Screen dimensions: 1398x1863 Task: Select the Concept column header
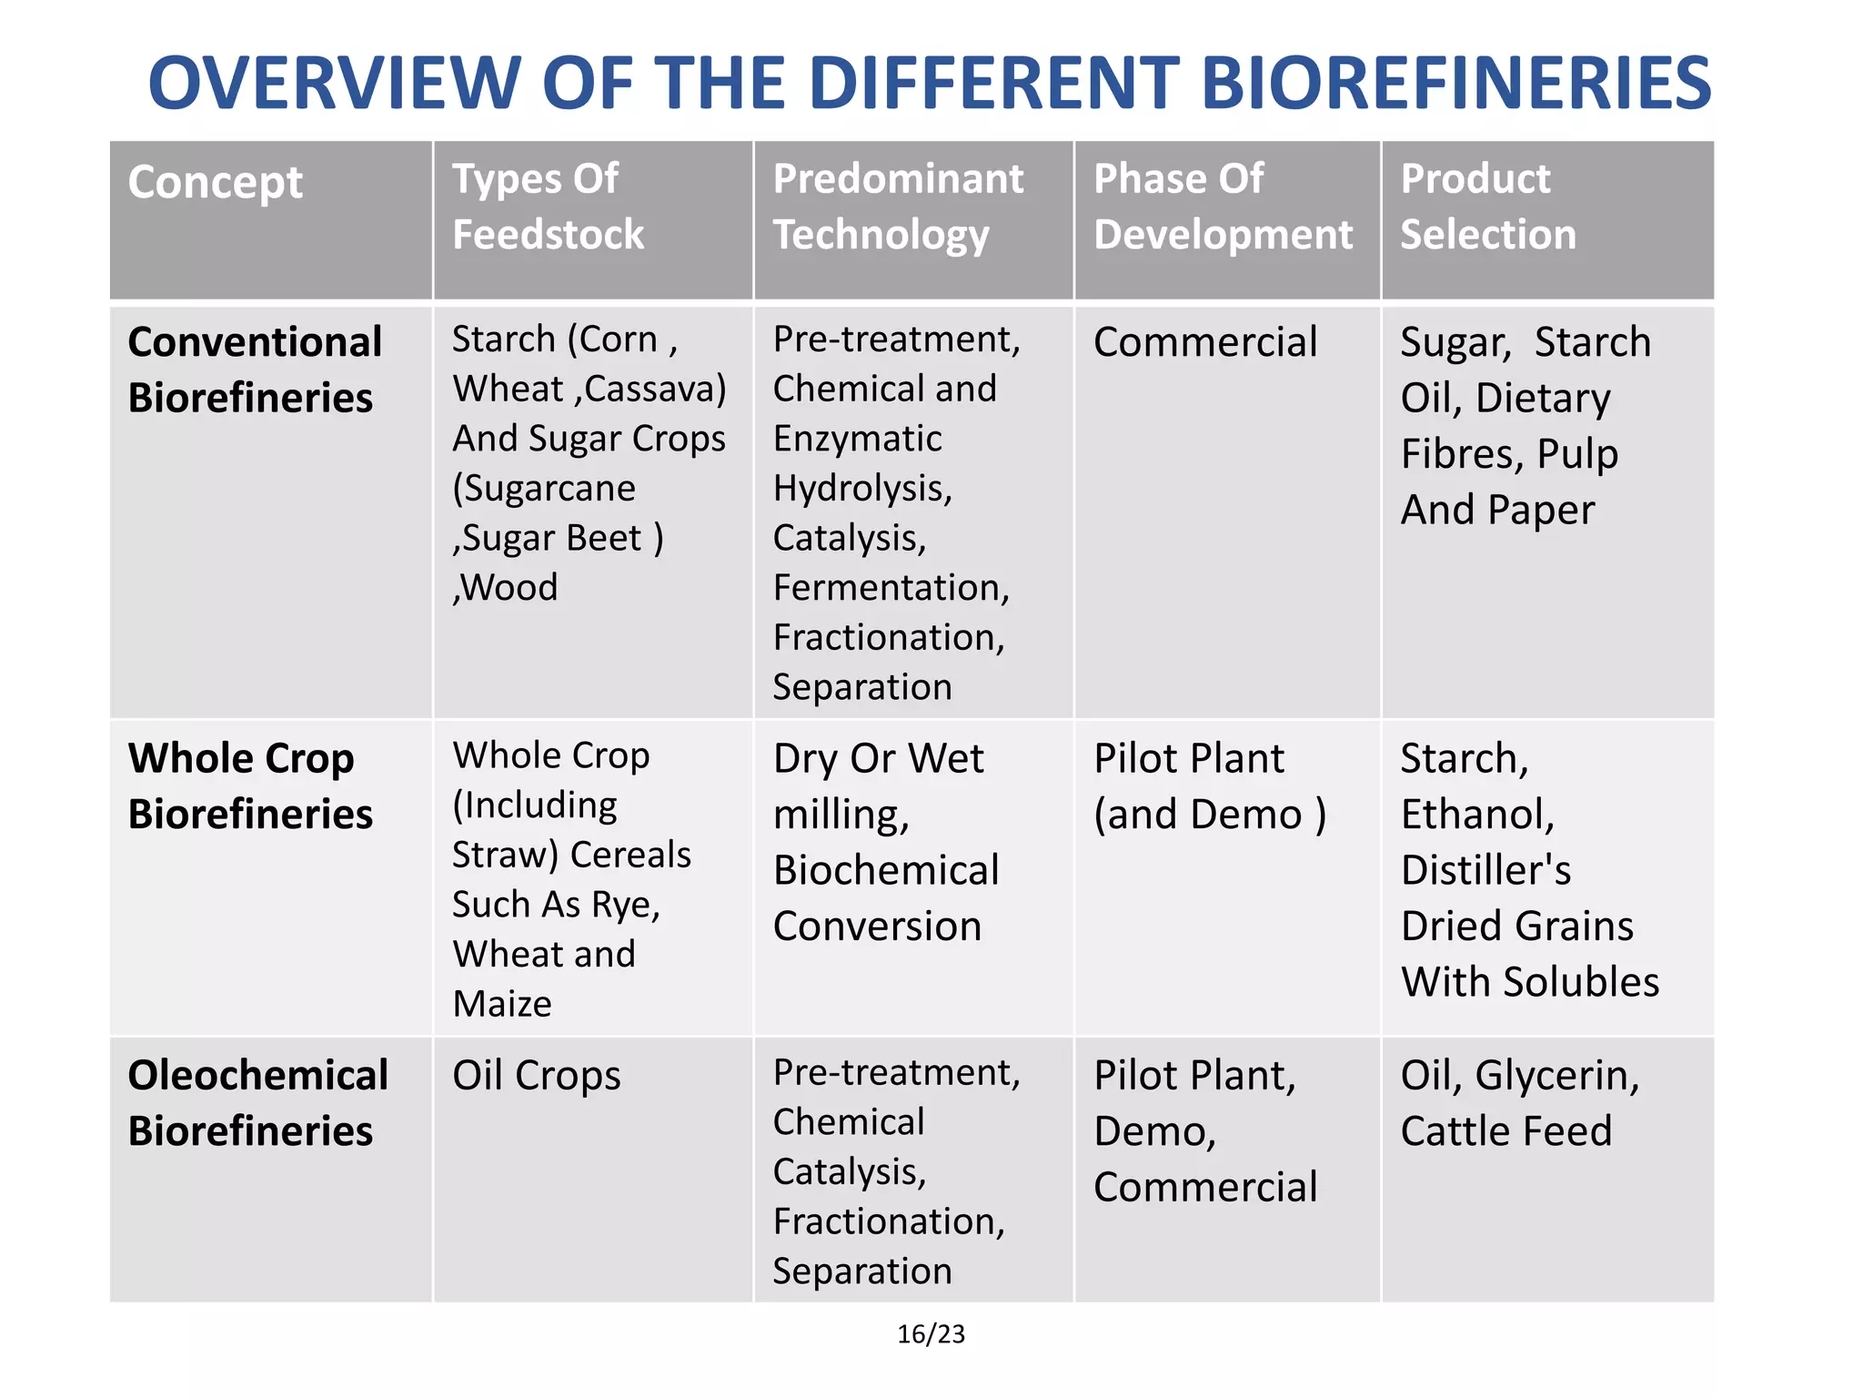(x=216, y=182)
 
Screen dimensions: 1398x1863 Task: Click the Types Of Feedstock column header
(x=548, y=207)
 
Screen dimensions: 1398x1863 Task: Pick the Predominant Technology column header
(x=898, y=207)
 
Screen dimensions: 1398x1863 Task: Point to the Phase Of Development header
(x=1223, y=207)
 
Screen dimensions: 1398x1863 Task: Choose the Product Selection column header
(x=1487, y=207)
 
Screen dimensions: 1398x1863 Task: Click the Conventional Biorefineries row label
(x=255, y=370)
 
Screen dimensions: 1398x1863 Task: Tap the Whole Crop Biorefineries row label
(x=250, y=785)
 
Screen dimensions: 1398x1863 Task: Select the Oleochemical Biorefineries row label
(x=257, y=1103)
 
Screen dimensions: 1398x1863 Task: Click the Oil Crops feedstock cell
(x=537, y=1076)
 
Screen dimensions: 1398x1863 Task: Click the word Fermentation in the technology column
(x=891, y=588)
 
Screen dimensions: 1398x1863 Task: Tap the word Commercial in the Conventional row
(x=1205, y=343)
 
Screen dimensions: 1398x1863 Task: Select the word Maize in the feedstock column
(x=502, y=1004)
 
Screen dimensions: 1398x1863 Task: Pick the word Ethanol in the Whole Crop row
(x=1477, y=815)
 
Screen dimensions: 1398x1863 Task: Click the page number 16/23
(x=931, y=1334)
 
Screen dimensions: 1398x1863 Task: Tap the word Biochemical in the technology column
(x=886, y=871)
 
